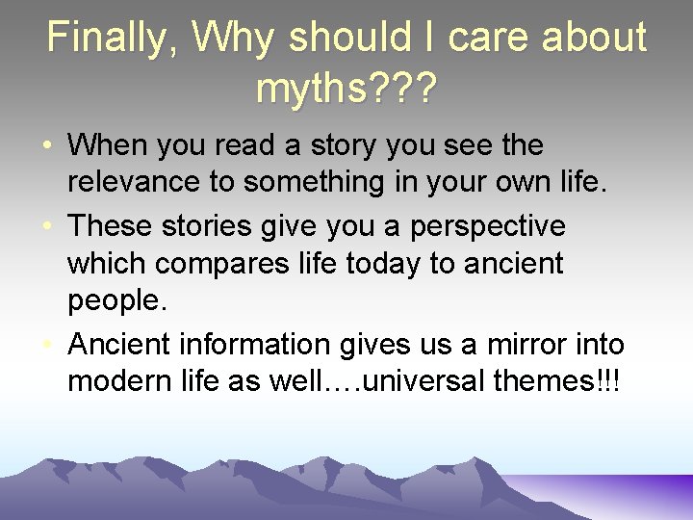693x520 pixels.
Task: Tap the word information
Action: click(x=269, y=343)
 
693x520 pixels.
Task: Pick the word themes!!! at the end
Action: click(x=556, y=381)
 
